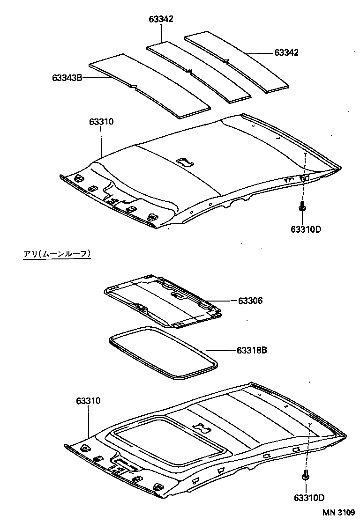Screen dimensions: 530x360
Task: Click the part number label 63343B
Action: click(67, 77)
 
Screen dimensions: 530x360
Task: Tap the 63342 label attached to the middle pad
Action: click(161, 19)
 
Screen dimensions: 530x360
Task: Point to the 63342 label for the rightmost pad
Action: click(286, 53)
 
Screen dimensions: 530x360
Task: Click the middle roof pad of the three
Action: click(199, 70)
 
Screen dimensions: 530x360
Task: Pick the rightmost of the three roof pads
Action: click(237, 61)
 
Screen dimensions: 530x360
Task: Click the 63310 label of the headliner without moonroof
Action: click(101, 122)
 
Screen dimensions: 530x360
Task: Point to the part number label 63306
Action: click(249, 301)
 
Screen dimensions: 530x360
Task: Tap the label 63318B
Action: click(252, 350)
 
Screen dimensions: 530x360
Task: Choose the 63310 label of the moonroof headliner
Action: click(88, 401)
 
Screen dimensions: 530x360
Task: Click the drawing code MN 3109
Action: click(338, 513)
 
